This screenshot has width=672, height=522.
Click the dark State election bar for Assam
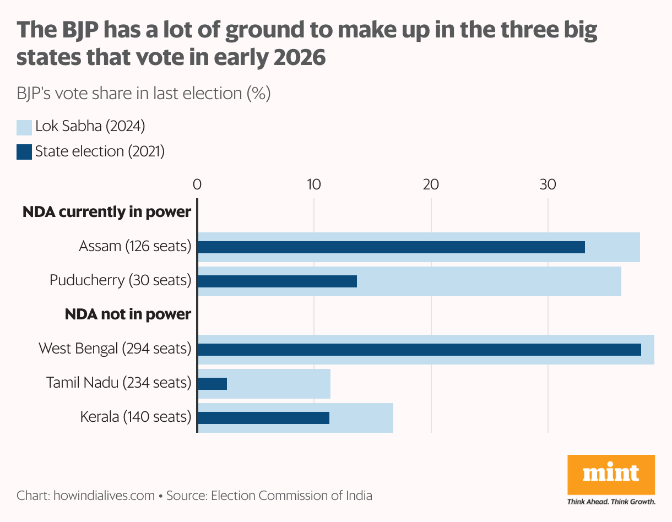tap(391, 247)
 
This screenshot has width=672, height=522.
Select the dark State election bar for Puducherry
tap(277, 281)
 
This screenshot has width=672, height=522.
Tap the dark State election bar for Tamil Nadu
tap(212, 383)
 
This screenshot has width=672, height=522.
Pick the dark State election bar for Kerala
tap(263, 417)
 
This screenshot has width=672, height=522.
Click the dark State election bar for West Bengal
tap(419, 350)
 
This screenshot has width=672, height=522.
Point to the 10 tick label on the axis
tap(314, 184)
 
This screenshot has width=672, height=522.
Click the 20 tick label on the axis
tap(431, 184)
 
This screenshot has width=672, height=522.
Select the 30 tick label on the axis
tap(548, 184)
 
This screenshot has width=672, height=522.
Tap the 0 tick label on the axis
tap(197, 184)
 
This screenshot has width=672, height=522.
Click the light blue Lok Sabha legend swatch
tap(24, 127)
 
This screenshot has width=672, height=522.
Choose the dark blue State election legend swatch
tap(24, 152)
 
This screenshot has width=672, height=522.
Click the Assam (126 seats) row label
tap(135, 246)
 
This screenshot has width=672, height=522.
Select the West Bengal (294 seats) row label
tap(115, 349)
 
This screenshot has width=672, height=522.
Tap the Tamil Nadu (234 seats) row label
tap(118, 383)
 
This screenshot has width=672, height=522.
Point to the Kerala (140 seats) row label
tap(136, 417)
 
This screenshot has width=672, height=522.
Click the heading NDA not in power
tap(128, 314)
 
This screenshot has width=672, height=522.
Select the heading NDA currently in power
tap(106, 212)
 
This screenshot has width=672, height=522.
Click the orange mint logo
tap(611, 474)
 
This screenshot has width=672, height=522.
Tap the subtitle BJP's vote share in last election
tap(143, 94)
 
